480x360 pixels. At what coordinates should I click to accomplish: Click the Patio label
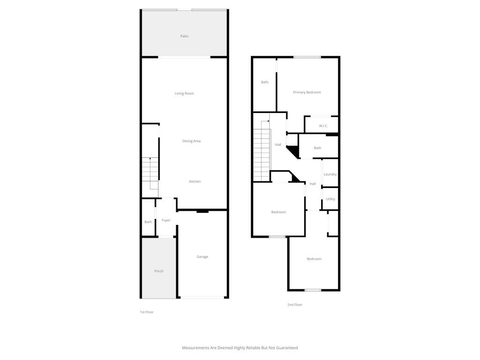pyautogui.click(x=184, y=36)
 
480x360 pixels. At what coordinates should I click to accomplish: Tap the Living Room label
pyautogui.click(x=184, y=93)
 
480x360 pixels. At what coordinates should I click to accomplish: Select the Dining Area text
pyautogui.click(x=192, y=141)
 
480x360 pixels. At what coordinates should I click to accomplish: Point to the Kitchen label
pyautogui.click(x=195, y=181)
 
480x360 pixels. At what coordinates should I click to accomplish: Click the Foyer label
pyautogui.click(x=166, y=220)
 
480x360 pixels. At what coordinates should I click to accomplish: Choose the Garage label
pyautogui.click(x=202, y=257)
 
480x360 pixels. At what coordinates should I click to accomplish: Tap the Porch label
pyautogui.click(x=159, y=271)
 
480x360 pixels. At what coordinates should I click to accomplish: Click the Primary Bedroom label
pyautogui.click(x=307, y=92)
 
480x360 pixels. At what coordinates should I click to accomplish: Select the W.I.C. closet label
pyautogui.click(x=323, y=126)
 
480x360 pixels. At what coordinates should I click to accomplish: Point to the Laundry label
pyautogui.click(x=330, y=174)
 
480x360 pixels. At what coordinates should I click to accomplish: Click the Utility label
pyautogui.click(x=330, y=199)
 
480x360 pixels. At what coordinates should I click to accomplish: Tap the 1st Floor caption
pyautogui.click(x=147, y=312)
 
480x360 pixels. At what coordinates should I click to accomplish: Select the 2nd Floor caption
pyautogui.click(x=295, y=305)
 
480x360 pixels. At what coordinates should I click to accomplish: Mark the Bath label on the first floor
pyautogui.click(x=148, y=222)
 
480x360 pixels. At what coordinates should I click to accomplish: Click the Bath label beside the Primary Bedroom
pyautogui.click(x=265, y=82)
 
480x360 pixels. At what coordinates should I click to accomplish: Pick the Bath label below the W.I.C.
pyautogui.click(x=317, y=148)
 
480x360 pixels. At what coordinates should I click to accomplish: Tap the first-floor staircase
pyautogui.click(x=150, y=173)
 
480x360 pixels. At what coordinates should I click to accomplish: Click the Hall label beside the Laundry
pyautogui.click(x=313, y=184)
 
